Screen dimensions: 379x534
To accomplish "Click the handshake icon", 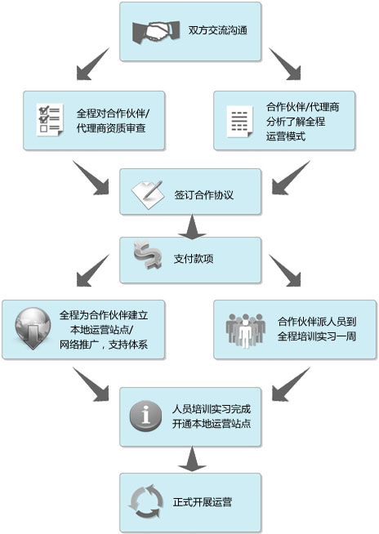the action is pyautogui.click(x=156, y=33).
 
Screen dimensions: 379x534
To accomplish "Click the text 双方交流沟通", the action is pyautogui.click(x=218, y=31).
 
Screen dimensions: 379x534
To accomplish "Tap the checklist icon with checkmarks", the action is pyautogui.click(x=50, y=119).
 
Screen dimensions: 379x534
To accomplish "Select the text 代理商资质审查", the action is pyautogui.click(x=111, y=128).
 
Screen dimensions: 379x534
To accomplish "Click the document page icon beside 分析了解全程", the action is pyautogui.click(x=240, y=121).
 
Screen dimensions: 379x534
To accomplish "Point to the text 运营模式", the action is pyautogui.click(x=286, y=136).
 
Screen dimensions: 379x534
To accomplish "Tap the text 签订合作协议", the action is pyautogui.click(x=204, y=195).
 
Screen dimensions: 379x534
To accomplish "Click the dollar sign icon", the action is pyautogui.click(x=148, y=255).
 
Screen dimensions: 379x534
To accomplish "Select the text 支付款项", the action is pyautogui.click(x=194, y=259).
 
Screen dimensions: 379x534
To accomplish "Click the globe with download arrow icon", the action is pyautogui.click(x=33, y=328).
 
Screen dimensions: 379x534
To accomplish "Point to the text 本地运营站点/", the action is pyautogui.click(x=102, y=330).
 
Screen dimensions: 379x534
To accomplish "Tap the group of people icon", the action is pyautogui.click(x=245, y=331).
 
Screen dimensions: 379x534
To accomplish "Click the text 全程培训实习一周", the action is pyautogui.click(x=317, y=336).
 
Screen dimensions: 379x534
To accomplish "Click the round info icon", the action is pyautogui.click(x=146, y=416).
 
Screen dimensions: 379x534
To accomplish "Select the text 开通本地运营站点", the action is pyautogui.click(x=212, y=424).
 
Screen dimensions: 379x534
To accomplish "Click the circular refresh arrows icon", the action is pyautogui.click(x=146, y=502).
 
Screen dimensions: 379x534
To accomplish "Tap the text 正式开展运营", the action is pyautogui.click(x=203, y=502).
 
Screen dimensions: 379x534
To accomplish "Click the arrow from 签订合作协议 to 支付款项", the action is pyautogui.click(x=192, y=226).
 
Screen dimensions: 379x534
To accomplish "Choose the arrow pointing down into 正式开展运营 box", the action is pyautogui.click(x=192, y=459).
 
